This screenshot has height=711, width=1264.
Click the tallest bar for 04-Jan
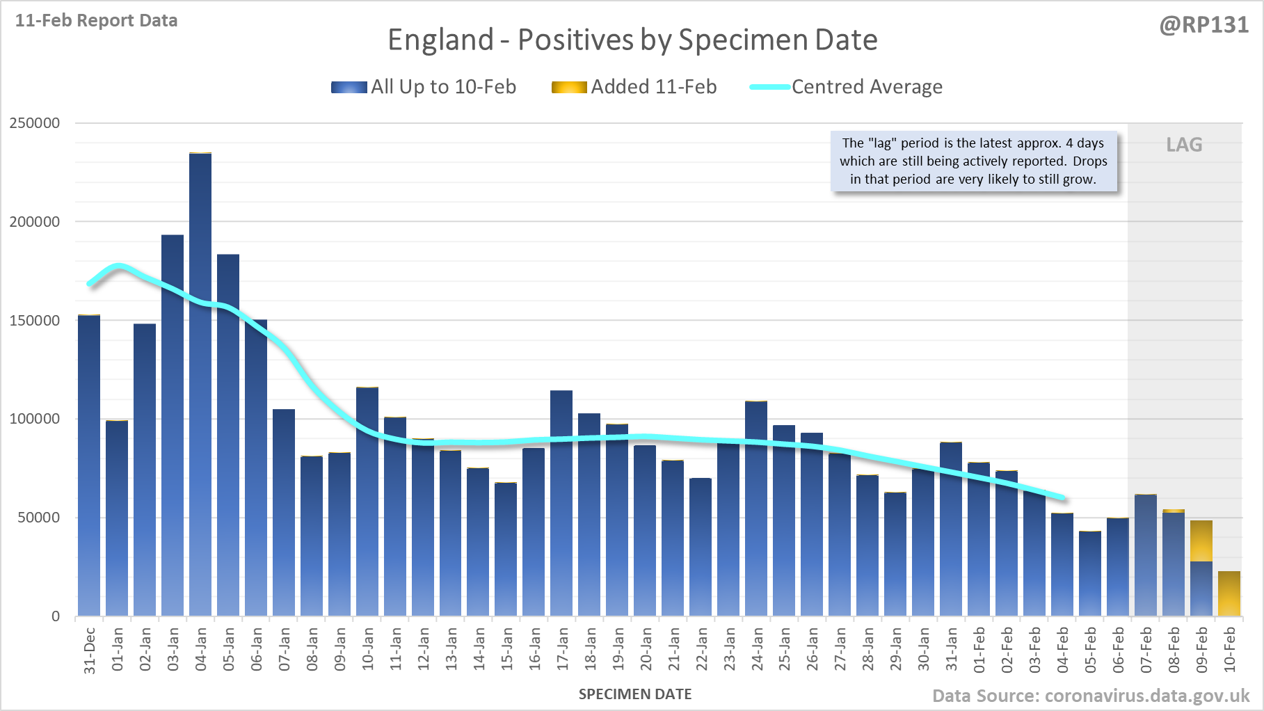tap(200, 383)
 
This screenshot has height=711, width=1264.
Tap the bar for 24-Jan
tap(756, 508)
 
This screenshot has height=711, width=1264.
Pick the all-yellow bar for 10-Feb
tap(1229, 593)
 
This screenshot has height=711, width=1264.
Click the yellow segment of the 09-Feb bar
tap(1201, 541)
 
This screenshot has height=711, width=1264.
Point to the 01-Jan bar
tap(117, 518)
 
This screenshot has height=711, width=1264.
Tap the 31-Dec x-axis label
tap(90, 650)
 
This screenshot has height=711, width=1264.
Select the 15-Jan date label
tap(507, 650)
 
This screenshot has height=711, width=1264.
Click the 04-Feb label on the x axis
tap(1063, 650)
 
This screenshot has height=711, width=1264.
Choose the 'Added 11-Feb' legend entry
tap(634, 87)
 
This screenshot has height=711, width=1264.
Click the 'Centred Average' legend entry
tap(846, 87)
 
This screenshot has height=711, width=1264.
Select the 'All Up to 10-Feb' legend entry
tap(424, 87)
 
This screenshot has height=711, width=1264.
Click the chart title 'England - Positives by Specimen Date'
tap(632, 40)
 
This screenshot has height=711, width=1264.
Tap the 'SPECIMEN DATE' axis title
tap(635, 694)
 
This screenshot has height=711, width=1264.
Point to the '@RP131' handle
tap(1204, 25)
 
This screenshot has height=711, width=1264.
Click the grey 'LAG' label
tap(1184, 145)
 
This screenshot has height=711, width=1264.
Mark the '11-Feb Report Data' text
tap(97, 21)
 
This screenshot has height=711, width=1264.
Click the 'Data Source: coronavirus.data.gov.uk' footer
tap(1091, 696)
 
